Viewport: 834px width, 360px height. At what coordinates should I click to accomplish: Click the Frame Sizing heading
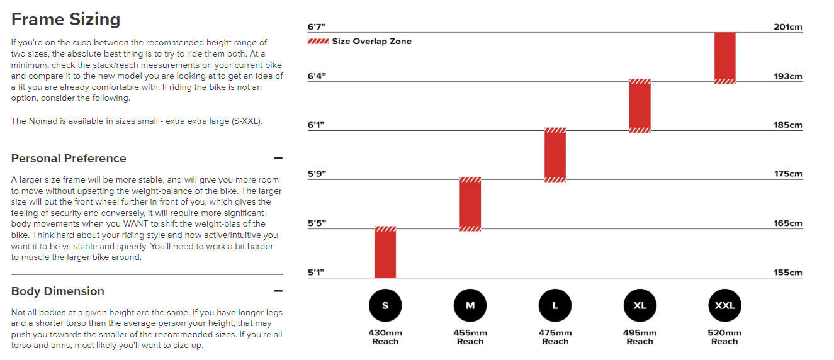coord(65,20)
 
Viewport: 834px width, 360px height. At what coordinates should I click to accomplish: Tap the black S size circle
coord(385,306)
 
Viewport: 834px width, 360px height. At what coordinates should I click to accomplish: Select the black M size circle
coord(470,306)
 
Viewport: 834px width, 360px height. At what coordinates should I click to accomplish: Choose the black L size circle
coord(555,306)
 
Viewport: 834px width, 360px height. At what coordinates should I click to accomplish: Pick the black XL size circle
coord(640,306)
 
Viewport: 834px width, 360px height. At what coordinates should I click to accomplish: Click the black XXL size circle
coord(724,306)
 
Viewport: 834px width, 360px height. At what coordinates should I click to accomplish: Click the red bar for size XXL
coord(724,57)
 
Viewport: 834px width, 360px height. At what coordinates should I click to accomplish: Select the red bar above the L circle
coord(555,155)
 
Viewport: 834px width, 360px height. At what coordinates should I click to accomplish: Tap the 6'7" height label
coord(316,27)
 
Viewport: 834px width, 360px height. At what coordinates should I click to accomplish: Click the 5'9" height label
coord(317,174)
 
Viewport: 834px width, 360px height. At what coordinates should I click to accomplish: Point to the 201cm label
coord(788,27)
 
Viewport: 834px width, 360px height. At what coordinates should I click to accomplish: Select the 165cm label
coord(788,223)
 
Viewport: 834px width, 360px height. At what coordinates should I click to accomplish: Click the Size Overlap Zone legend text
coord(371,42)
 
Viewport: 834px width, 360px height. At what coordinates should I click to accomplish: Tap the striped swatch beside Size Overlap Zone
coord(318,42)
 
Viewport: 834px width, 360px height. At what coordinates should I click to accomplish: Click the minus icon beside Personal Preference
coord(278,159)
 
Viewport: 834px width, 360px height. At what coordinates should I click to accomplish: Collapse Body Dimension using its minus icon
coord(278,291)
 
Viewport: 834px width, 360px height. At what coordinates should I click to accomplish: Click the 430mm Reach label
coord(385,337)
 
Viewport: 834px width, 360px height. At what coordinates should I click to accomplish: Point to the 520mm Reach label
coord(724,337)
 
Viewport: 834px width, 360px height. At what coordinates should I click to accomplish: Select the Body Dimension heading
coord(58,291)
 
